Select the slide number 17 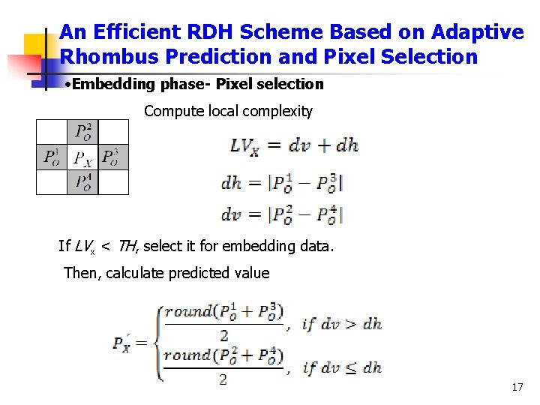[517, 387]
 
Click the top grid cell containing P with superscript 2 [82, 133]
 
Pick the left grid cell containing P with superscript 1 [52, 157]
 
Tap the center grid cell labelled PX [82, 157]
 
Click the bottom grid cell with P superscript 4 [82, 181]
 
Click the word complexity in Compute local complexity [282, 111]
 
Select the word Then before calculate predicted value [80, 273]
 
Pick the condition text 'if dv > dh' [341, 324]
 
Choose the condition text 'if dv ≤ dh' [341, 367]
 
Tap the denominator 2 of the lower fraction [223, 379]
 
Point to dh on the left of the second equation [231, 182]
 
